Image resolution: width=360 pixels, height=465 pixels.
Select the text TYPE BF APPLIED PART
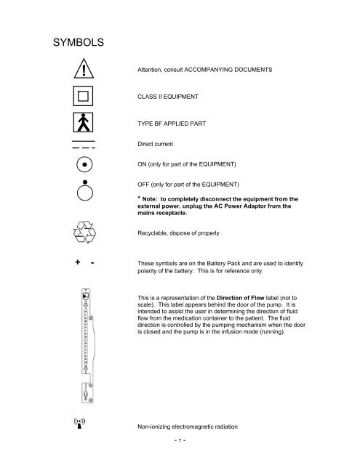click(x=177, y=124)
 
